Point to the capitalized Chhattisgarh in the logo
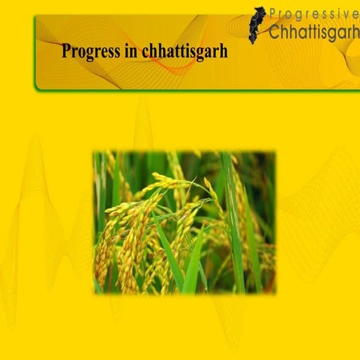coord(313,33)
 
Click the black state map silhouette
coord(257,25)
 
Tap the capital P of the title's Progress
coord(67,52)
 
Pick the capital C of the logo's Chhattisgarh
coord(274,33)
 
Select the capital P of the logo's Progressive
coord(274,14)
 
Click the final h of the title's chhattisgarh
coord(223,52)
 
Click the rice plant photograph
coord(184,222)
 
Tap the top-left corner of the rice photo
coord(94,152)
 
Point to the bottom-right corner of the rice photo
coord(274,292)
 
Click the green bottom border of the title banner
coord(187,90)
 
